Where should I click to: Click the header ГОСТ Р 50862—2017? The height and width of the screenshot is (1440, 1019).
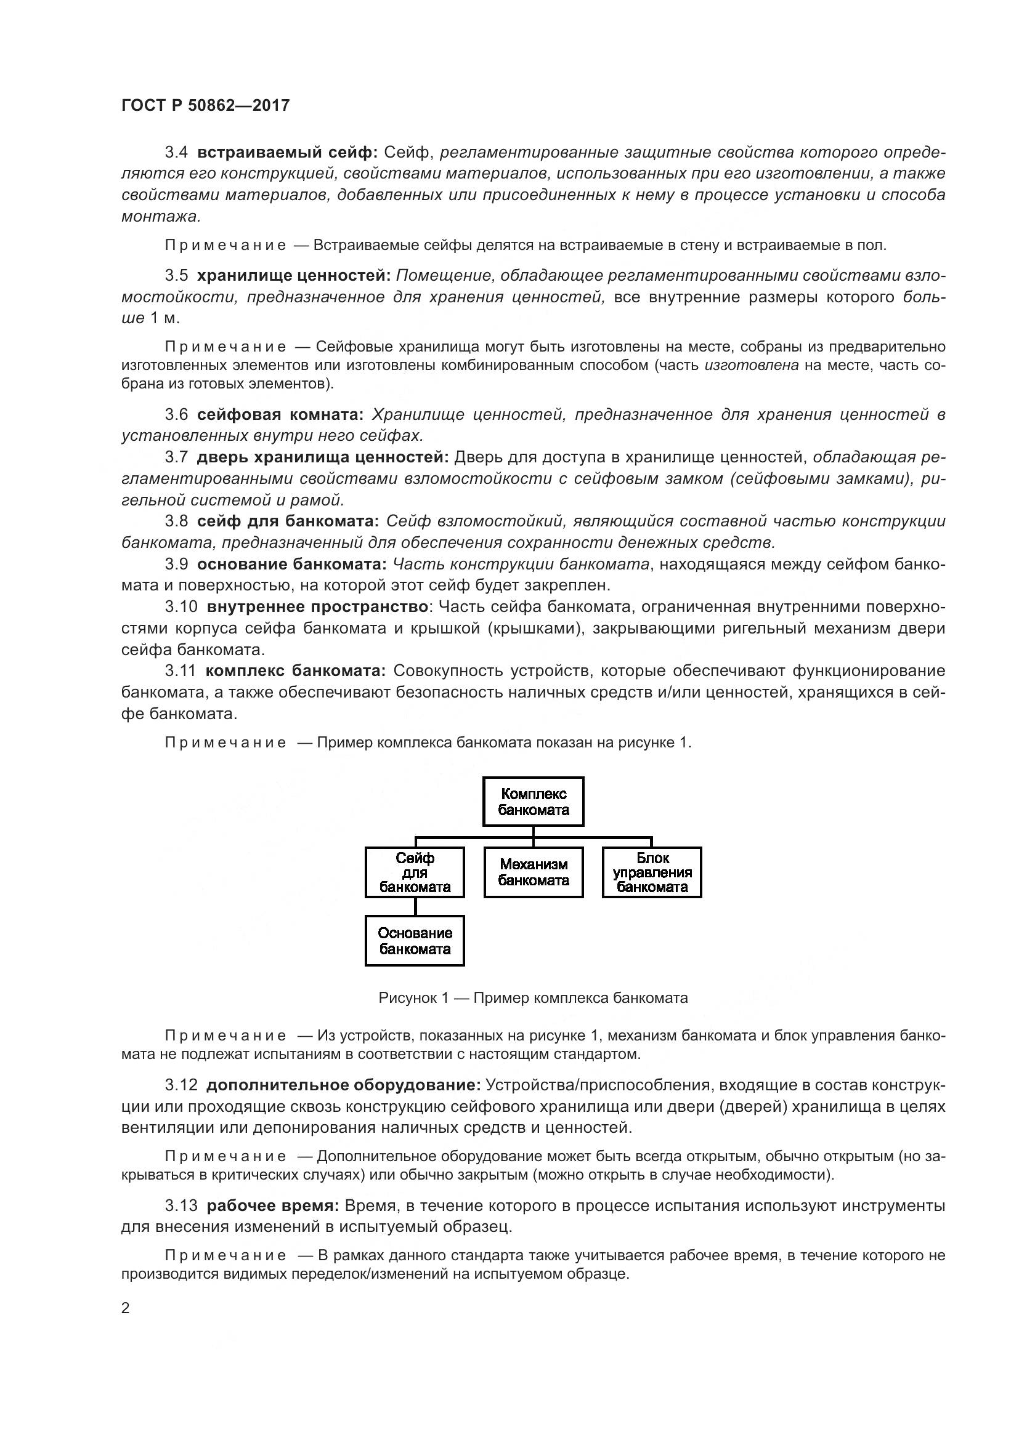coord(205,105)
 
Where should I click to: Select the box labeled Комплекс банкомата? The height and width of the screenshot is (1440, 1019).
coord(533,802)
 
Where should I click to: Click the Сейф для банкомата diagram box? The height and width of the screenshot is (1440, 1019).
coord(415,872)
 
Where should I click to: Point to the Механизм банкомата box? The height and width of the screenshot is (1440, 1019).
coord(533,872)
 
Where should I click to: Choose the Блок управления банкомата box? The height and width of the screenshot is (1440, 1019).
coord(652,872)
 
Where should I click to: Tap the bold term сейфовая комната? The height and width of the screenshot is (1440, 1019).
coord(280,414)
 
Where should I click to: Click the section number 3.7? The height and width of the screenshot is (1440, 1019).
coord(176,457)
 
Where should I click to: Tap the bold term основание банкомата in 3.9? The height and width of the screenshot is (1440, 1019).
coord(292,564)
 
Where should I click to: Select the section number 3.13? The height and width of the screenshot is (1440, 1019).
coord(181,1205)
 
